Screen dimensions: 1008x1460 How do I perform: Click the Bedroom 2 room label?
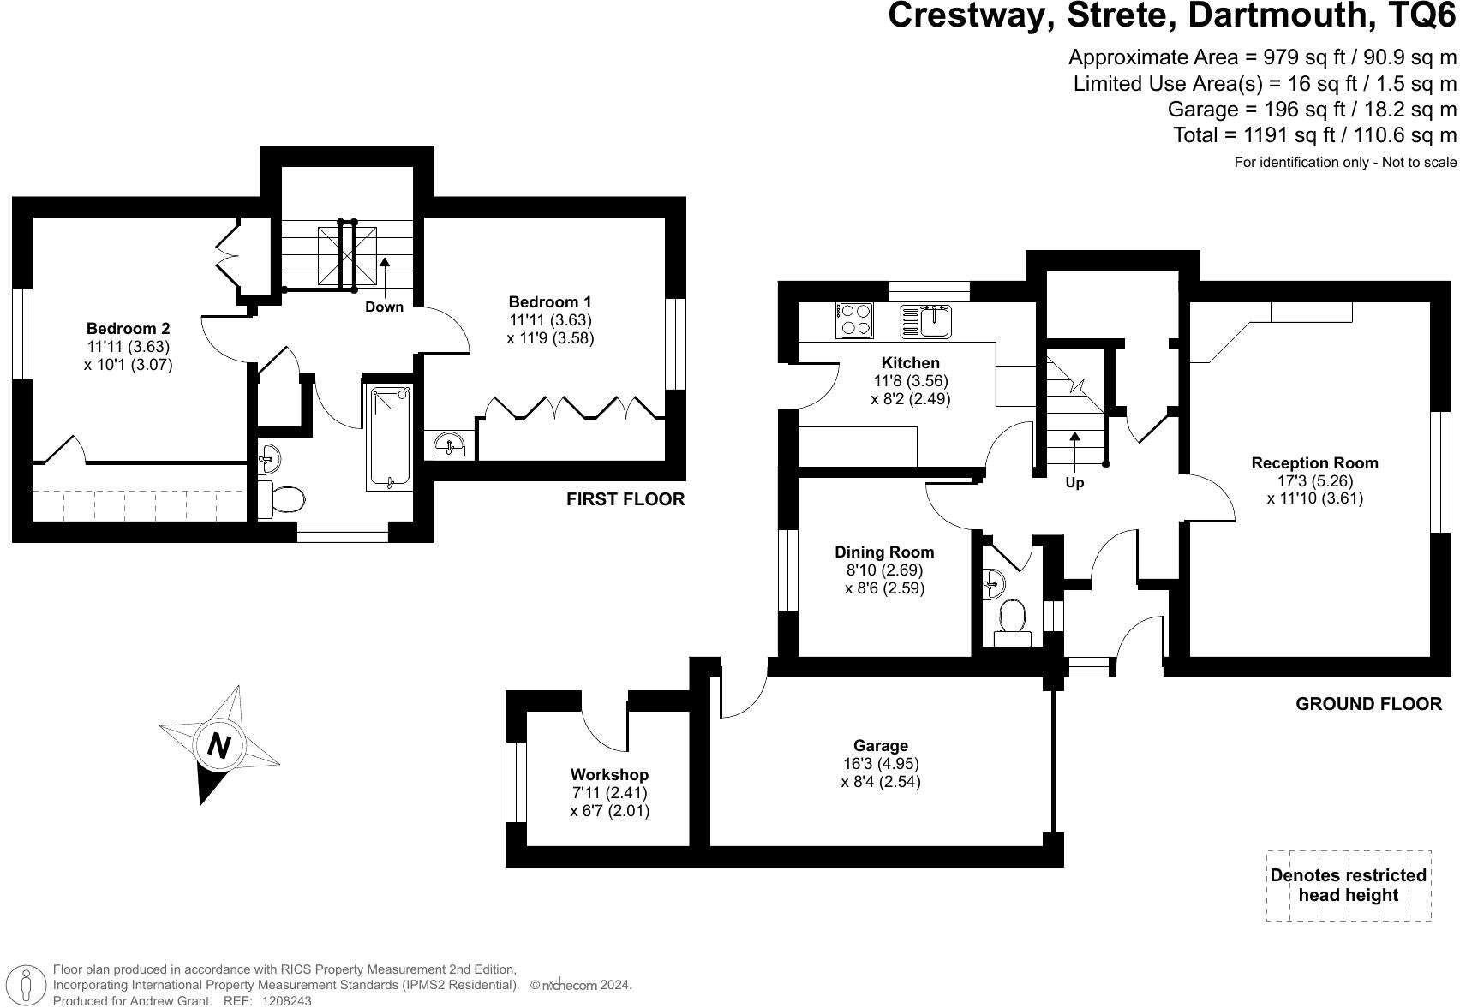128,328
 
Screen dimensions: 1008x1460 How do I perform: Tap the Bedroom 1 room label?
549,301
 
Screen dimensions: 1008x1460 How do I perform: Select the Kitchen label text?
910,362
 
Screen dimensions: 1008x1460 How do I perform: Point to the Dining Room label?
884,552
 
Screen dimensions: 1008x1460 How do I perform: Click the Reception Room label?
1314,463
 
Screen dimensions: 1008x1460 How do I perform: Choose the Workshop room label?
609,775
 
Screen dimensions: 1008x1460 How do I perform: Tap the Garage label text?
880,746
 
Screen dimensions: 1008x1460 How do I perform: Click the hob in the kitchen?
854,320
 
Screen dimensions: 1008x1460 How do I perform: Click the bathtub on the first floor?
389,437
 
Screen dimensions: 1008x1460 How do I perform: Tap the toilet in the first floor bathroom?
282,499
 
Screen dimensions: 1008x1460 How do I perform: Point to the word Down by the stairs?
384,307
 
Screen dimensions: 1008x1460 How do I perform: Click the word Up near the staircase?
1074,482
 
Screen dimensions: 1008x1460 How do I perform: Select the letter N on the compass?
219,746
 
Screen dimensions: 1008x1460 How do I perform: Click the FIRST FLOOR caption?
625,499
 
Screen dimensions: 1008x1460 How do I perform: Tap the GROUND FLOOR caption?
1368,704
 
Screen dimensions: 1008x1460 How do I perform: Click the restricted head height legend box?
1348,886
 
